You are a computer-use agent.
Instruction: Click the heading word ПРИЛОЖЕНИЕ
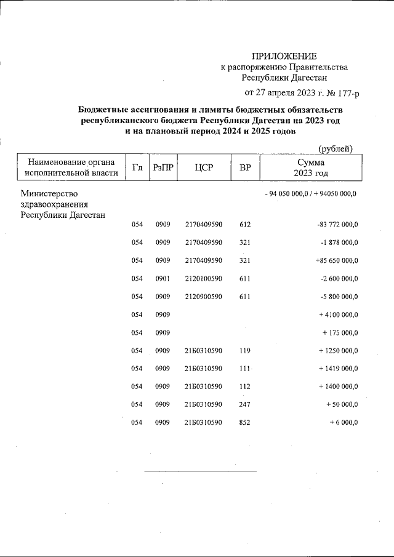point(284,57)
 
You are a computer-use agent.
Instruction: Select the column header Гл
point(137,167)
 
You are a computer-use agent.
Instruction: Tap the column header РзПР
point(162,167)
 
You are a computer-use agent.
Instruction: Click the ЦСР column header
point(203,167)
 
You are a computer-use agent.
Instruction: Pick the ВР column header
point(245,167)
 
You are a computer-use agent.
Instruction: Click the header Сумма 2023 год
point(310,167)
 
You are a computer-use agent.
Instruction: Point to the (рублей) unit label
point(335,148)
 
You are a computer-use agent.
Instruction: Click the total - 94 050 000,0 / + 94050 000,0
point(310,194)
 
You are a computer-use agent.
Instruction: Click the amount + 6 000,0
point(344,422)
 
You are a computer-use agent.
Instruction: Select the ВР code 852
point(245,422)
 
